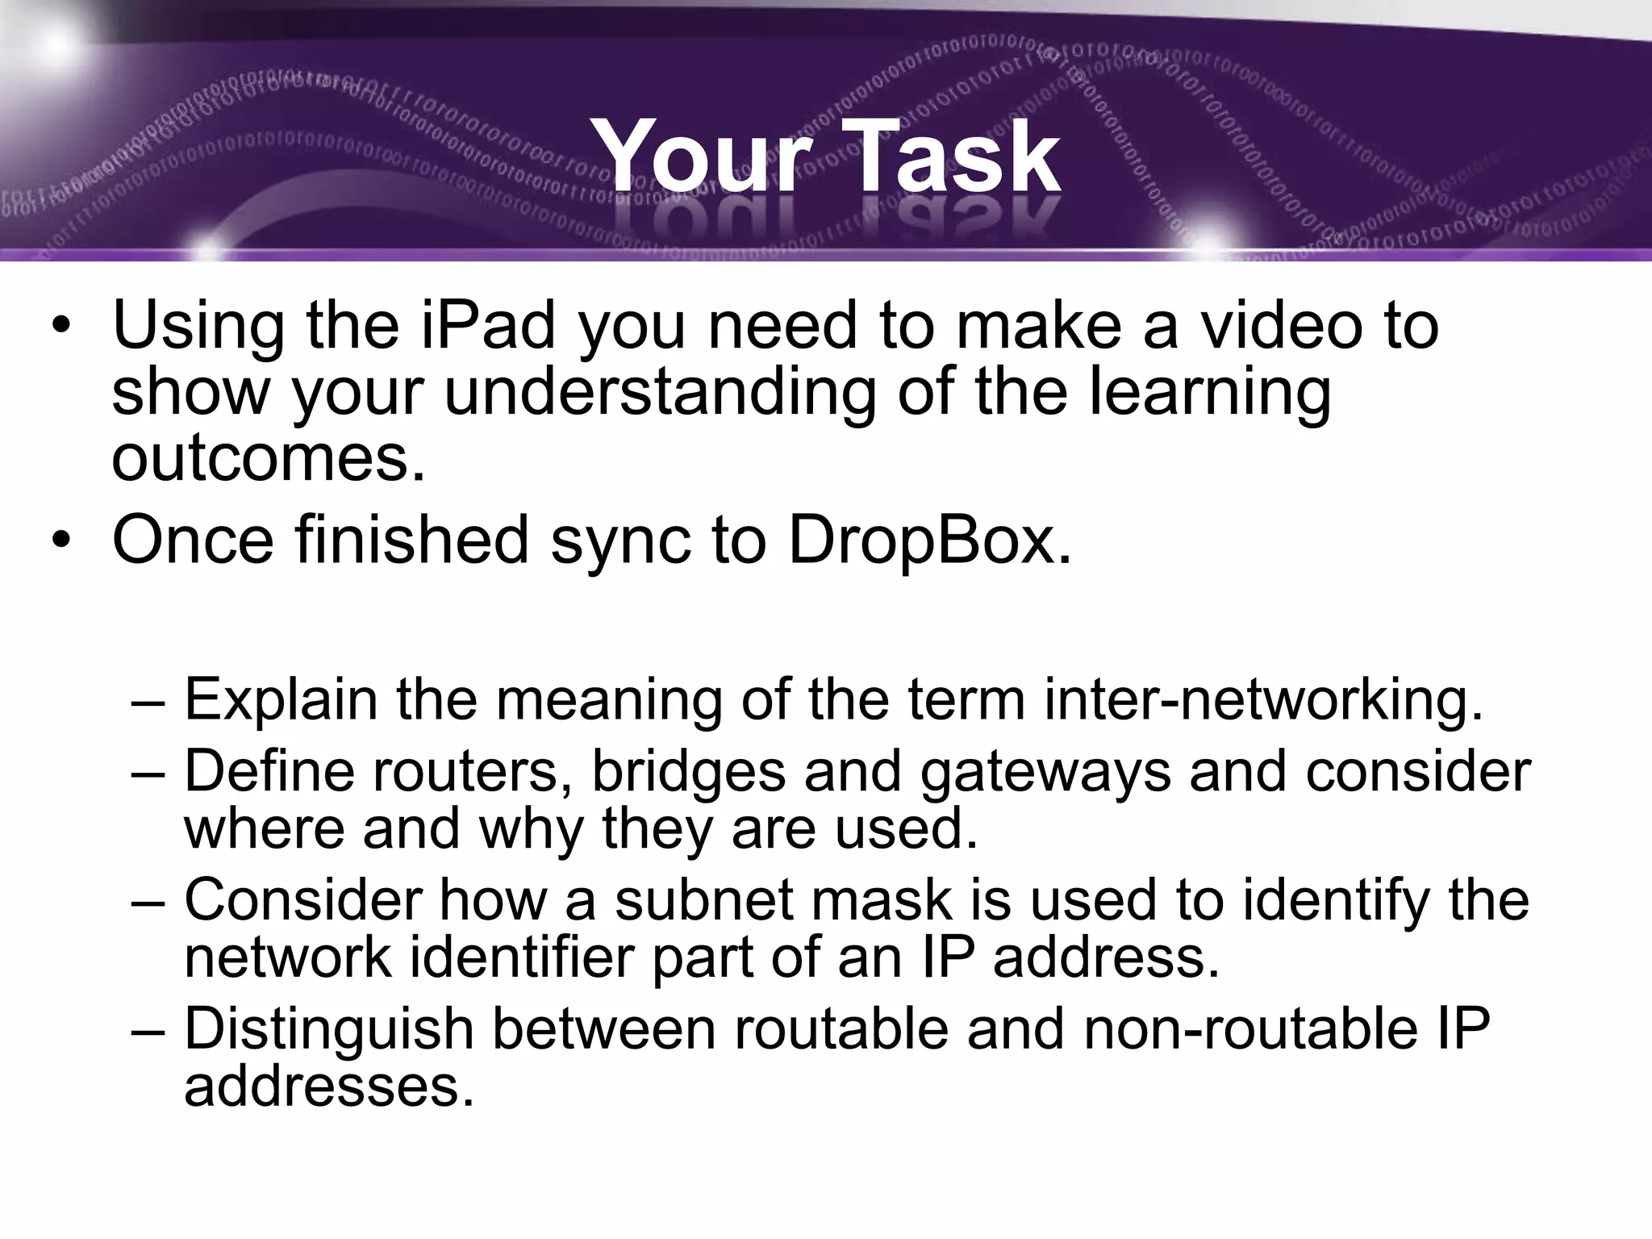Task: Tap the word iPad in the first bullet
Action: [489, 325]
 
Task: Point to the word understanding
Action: [659, 393]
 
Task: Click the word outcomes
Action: [268, 457]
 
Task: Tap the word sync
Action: [620, 540]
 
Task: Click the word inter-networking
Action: [1263, 699]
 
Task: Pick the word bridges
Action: [688, 772]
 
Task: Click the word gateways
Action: [1045, 772]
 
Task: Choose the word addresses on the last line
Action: [329, 1086]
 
